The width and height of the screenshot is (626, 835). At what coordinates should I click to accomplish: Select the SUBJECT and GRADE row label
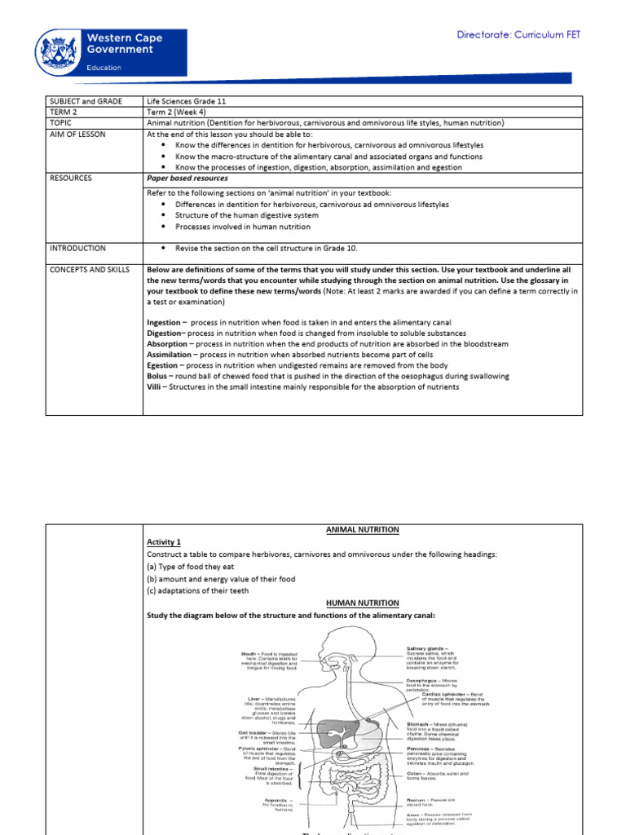click(x=85, y=100)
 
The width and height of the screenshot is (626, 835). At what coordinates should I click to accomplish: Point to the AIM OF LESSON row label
click(x=79, y=134)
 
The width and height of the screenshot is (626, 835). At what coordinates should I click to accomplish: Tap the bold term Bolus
click(x=159, y=376)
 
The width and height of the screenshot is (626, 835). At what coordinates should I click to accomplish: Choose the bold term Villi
click(x=156, y=387)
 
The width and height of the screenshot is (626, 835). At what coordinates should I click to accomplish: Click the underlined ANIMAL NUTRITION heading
click(x=363, y=529)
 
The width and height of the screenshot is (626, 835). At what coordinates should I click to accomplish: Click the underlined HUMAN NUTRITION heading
click(x=363, y=603)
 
